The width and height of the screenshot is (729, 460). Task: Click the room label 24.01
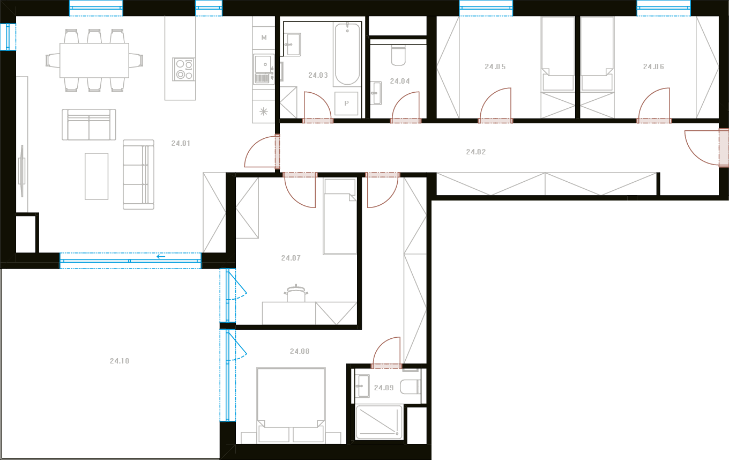(x=181, y=143)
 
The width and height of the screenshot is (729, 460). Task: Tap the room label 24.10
(x=120, y=361)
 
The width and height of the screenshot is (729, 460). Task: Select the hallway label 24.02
(x=476, y=152)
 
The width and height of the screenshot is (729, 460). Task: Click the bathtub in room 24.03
(x=347, y=54)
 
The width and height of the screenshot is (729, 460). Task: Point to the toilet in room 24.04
(x=398, y=56)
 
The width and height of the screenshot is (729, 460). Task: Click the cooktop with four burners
(x=183, y=69)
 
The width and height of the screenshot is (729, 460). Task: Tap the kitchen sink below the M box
(x=264, y=69)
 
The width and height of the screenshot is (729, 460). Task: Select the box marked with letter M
(x=264, y=38)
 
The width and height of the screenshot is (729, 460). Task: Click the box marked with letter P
(x=346, y=103)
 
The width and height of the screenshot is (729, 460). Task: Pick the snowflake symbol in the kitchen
(x=264, y=112)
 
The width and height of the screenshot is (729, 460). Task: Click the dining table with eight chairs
(x=94, y=61)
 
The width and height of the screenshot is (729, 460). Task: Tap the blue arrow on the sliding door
(x=161, y=256)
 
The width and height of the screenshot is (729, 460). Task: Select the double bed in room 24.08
(x=291, y=406)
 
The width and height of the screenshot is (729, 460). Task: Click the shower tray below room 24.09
(x=379, y=422)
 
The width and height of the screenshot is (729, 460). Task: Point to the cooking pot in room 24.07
(x=296, y=293)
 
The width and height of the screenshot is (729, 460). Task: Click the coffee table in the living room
(x=96, y=176)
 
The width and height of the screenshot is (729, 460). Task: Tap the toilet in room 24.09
(x=410, y=387)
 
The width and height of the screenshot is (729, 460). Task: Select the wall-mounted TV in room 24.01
(x=22, y=171)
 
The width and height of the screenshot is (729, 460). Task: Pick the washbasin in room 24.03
(x=292, y=44)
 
